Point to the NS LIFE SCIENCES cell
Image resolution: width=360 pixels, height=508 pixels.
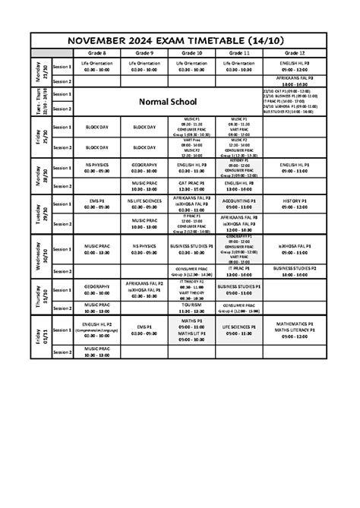pyautogui.click(x=144, y=201)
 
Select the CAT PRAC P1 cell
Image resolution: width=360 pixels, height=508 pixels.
pyautogui.click(x=191, y=183)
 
